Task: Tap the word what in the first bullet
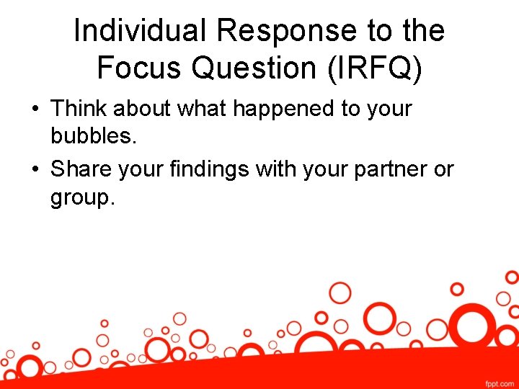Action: click(x=204, y=109)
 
